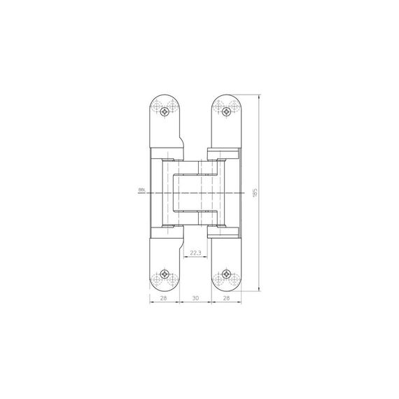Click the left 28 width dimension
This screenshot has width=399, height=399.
pos(163,298)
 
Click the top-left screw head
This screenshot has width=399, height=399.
pos(166,110)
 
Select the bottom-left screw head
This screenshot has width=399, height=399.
pos(166,273)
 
